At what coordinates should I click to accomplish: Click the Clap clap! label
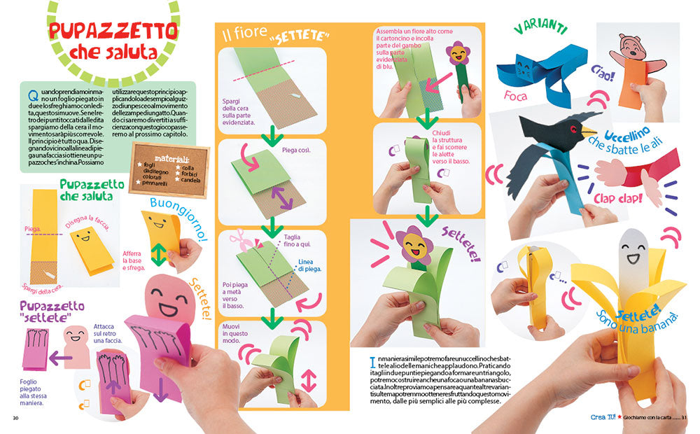pos(617,199)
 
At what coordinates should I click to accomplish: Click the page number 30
pos(15,419)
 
